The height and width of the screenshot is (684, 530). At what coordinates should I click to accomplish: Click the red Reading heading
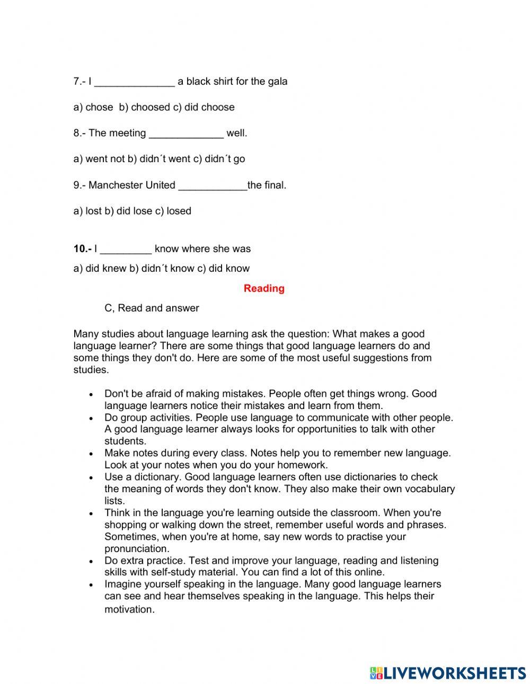(264, 288)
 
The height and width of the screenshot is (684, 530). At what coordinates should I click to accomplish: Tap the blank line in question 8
(186, 134)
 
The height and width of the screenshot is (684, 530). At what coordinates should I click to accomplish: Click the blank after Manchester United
(213, 186)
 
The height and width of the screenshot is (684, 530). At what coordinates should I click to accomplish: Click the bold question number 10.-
(82, 248)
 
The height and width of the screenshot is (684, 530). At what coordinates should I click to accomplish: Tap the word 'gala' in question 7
(276, 82)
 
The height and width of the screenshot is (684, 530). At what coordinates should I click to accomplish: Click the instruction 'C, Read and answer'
(152, 308)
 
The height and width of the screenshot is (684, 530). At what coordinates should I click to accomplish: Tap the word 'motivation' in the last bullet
(129, 609)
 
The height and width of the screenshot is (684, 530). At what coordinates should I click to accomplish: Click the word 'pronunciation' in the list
(136, 548)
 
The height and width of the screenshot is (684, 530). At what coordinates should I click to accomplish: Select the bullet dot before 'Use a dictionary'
(92, 478)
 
